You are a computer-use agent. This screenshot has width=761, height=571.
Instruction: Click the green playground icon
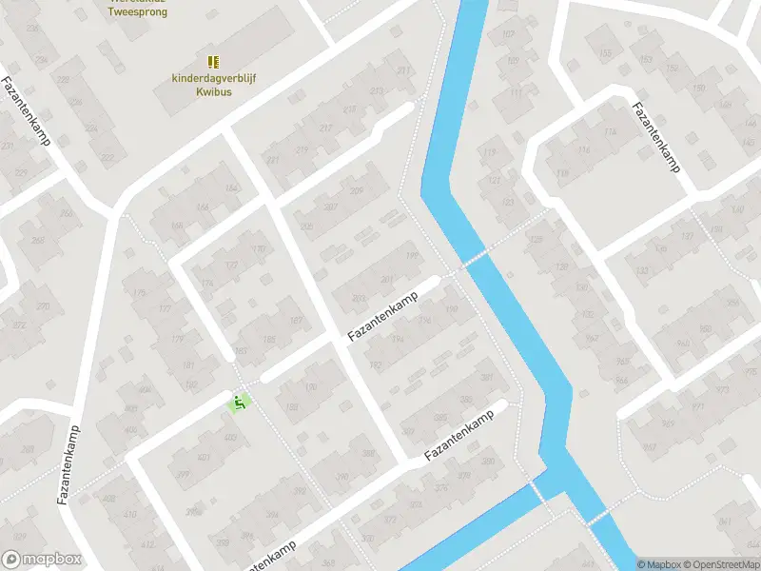click(x=240, y=403)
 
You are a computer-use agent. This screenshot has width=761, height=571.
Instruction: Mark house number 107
click(x=508, y=35)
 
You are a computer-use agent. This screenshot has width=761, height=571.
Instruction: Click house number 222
click(x=107, y=157)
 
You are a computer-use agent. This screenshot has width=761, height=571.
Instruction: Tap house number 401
click(x=178, y=457)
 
